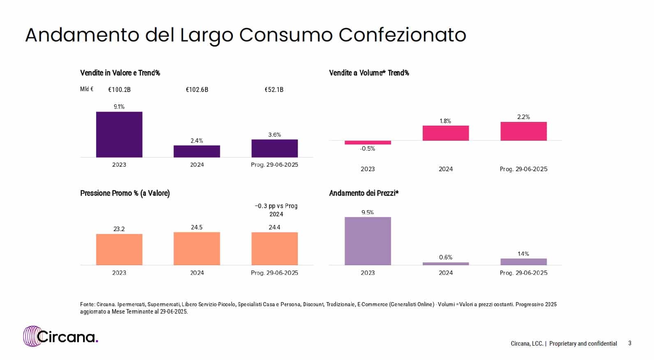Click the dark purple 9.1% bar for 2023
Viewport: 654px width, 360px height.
[119, 134]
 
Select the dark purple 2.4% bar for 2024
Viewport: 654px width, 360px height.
[197, 151]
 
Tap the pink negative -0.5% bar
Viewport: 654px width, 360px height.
[368, 142]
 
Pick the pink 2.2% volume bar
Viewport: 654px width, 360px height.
[523, 131]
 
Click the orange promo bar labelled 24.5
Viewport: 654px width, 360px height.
[197, 248]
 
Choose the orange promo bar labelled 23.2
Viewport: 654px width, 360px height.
[119, 249]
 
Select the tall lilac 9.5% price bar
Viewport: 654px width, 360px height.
[368, 241]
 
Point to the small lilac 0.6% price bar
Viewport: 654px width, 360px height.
[446, 264]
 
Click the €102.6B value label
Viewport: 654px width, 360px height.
[197, 89]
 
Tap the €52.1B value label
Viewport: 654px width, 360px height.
[274, 89]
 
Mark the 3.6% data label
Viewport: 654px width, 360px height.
[274, 135]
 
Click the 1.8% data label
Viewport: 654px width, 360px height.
[445, 121]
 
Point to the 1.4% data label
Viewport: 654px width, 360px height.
[523, 254]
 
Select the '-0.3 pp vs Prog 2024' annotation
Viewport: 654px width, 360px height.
[276, 210]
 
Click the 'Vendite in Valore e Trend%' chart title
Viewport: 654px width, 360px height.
[120, 73]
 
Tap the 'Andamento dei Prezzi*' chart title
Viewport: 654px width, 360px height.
[364, 193]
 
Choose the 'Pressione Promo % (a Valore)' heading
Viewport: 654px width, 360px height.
[125, 193]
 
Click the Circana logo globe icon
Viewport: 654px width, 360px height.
[32, 336]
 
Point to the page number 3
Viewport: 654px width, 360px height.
[630, 343]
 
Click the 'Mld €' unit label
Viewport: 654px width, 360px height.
[87, 89]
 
